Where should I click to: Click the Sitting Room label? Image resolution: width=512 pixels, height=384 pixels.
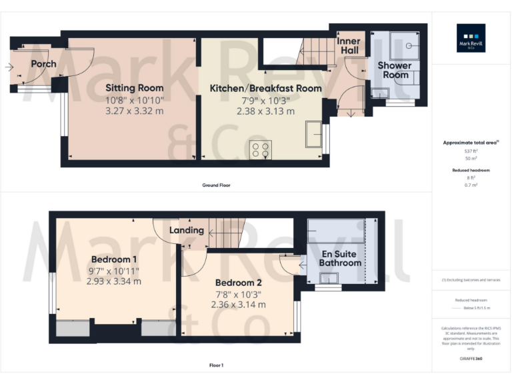[134, 88]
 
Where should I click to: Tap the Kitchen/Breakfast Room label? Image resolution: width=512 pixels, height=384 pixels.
[265, 88]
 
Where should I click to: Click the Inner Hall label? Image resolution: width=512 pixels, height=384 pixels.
[349, 46]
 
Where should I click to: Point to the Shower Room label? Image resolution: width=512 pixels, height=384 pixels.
[394, 70]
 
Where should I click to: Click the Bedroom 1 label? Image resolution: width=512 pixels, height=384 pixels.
[114, 259]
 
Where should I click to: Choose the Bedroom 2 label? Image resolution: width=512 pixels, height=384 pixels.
[238, 283]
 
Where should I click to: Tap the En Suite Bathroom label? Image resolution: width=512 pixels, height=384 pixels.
[340, 259]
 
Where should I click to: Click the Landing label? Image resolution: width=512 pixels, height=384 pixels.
[186, 230]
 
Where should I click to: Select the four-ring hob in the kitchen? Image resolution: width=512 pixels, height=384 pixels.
[259, 150]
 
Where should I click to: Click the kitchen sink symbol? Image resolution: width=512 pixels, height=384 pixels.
[313, 134]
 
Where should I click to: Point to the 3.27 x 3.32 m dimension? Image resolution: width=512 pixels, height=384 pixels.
[134, 111]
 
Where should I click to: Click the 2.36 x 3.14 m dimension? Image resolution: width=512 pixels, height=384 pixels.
[238, 305]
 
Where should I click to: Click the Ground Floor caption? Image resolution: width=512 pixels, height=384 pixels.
[217, 185]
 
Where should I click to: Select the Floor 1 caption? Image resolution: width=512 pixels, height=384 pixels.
[217, 365]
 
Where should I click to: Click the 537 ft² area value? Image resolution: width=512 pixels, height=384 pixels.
[471, 151]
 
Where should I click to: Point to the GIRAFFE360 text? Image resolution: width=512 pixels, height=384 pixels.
[471, 359]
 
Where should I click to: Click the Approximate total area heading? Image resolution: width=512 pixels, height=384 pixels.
[470, 143]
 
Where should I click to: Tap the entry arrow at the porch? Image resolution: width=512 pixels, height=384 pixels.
[9, 67]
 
